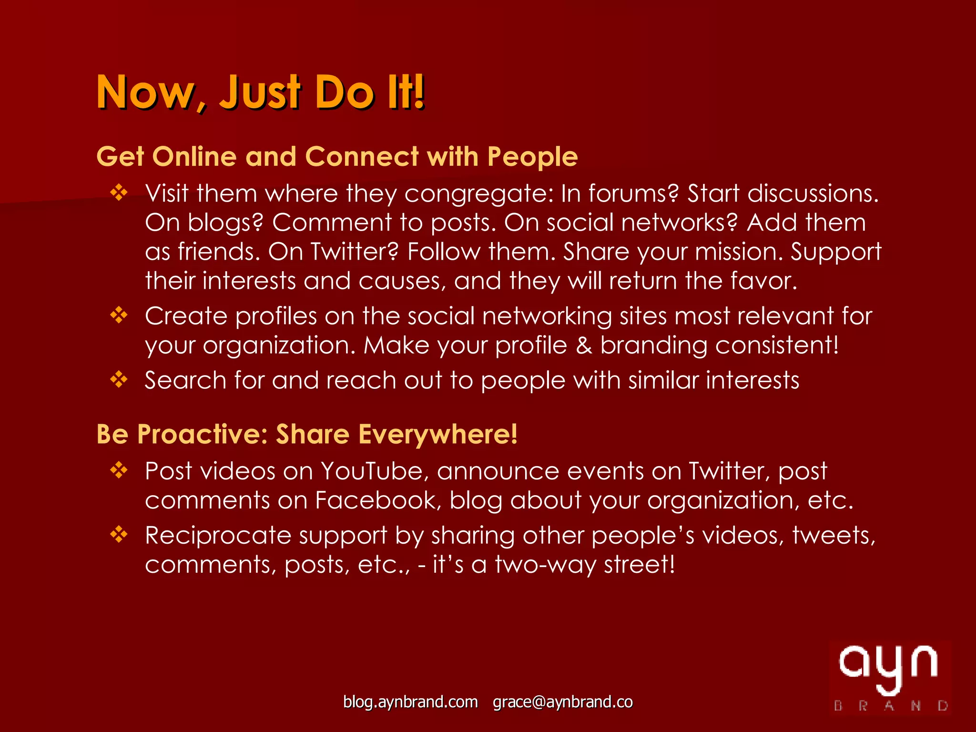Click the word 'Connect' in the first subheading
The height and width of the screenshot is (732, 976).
[x=362, y=157]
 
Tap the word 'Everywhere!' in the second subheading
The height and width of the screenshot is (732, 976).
[x=437, y=434]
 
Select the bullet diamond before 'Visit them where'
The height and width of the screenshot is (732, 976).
[x=119, y=193]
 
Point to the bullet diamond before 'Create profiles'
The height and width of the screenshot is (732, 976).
[x=119, y=315]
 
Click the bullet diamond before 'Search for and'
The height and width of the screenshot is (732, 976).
[x=119, y=379]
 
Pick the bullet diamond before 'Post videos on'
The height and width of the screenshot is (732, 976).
[x=119, y=470]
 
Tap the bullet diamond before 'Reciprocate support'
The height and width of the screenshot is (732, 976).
[x=119, y=534]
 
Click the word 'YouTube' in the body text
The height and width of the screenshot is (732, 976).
[x=372, y=471]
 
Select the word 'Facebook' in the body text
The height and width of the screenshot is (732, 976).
[x=376, y=500]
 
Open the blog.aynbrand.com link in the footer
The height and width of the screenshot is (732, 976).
[x=410, y=702]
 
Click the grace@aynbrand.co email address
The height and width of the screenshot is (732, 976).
[x=562, y=702]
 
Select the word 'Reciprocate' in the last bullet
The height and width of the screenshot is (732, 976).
[x=218, y=536]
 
